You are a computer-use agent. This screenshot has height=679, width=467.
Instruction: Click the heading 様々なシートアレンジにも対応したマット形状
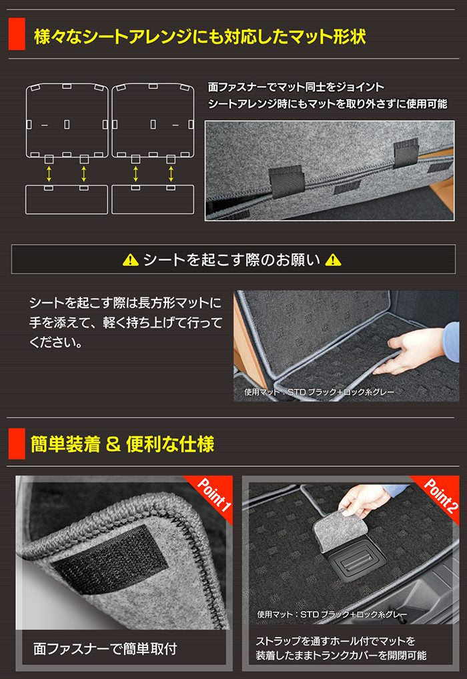point(199,37)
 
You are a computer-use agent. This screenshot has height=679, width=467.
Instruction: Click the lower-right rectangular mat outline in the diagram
point(153,199)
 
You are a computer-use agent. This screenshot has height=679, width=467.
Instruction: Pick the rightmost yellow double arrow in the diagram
point(171,173)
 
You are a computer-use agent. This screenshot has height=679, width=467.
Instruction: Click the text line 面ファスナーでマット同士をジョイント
point(296,87)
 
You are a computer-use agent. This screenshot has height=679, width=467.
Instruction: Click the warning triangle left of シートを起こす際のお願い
point(131,259)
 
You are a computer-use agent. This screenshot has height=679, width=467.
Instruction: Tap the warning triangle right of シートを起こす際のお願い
point(332,259)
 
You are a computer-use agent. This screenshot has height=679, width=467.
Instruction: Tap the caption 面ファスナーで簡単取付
point(105,648)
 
